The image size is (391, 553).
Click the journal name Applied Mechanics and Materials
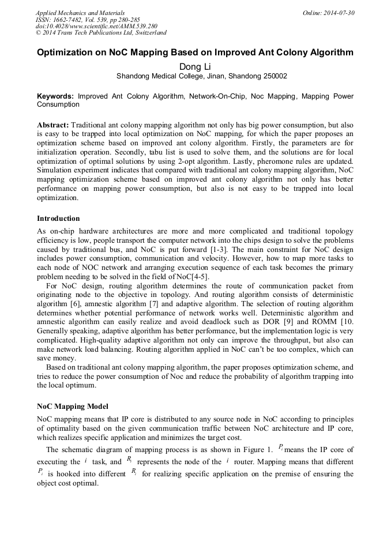point(80,12)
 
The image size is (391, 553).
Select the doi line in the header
point(96,26)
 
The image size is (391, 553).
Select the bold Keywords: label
point(55,96)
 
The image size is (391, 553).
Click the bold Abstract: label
point(53,125)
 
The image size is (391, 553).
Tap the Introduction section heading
point(58,218)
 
